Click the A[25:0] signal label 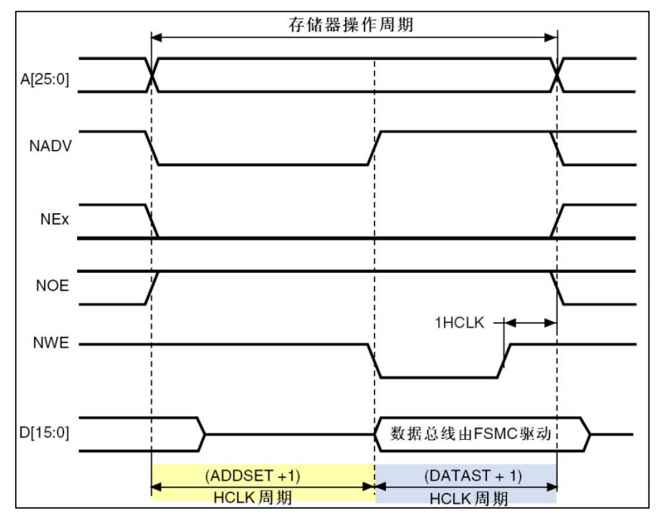click(45, 80)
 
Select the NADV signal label click(50, 146)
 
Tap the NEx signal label click(55, 219)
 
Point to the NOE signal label click(52, 285)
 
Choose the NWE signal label click(51, 343)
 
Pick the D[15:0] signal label click(44, 432)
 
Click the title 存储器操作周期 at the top click(351, 24)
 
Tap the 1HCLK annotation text click(460, 322)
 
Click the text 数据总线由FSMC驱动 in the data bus click(470, 434)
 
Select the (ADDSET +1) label click(252, 476)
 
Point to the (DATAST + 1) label click(473, 476)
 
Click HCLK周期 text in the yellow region click(252, 498)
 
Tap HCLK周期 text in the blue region click(469, 499)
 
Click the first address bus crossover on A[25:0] click(152, 75)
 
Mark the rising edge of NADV click(374, 148)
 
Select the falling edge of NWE click(374, 361)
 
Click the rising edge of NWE click(504, 361)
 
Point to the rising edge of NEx click(558, 221)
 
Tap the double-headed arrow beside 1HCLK click(530, 323)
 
